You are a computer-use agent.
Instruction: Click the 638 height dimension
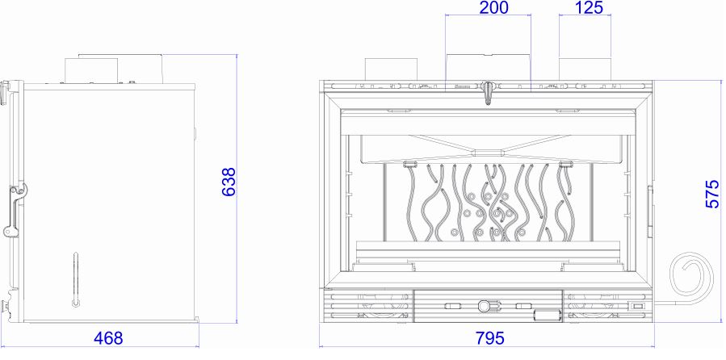(229, 182)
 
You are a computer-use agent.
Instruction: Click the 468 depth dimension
(108, 338)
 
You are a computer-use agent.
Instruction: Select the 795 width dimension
(489, 338)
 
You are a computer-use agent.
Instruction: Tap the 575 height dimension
(713, 194)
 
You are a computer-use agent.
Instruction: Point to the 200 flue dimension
(493, 7)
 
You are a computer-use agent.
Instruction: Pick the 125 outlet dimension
(589, 7)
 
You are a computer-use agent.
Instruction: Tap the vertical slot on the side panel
(76, 279)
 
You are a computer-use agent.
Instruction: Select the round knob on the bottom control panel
(484, 305)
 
